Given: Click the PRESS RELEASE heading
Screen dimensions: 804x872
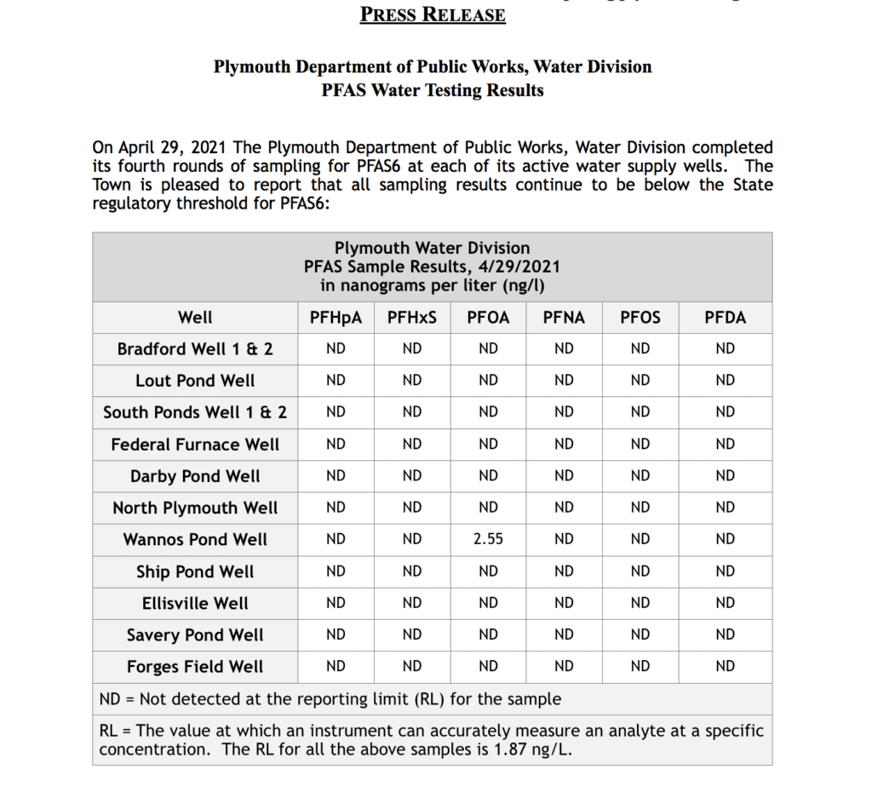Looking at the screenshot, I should tap(433, 14).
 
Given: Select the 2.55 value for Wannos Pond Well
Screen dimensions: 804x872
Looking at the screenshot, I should tap(488, 539).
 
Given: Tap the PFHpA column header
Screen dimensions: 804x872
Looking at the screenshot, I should tap(336, 318).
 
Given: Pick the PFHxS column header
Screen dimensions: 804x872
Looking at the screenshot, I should tap(412, 318).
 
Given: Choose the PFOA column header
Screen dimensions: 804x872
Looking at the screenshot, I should tap(488, 318).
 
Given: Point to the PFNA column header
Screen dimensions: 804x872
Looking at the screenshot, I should tap(564, 318).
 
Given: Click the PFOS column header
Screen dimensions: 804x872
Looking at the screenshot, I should tap(640, 318).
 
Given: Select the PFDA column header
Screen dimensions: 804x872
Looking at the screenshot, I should tap(725, 318).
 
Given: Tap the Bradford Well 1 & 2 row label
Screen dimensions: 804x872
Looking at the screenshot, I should tap(195, 349).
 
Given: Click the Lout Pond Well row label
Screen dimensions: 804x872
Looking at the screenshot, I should tap(195, 381).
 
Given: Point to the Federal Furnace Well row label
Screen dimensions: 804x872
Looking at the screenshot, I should tap(195, 445).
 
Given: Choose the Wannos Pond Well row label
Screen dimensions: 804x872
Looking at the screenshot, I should tap(195, 540).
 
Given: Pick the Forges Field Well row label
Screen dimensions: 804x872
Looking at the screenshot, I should tap(195, 667).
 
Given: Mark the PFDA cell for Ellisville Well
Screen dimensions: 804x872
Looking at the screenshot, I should tap(725, 603).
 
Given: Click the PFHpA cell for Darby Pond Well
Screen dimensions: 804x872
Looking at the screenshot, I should tap(336, 476).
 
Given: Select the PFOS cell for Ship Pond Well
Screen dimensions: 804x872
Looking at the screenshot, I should tap(640, 571).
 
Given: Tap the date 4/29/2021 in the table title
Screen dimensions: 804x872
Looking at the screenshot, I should tap(516, 267).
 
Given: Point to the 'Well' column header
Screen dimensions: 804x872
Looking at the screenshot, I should tap(195, 318).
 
